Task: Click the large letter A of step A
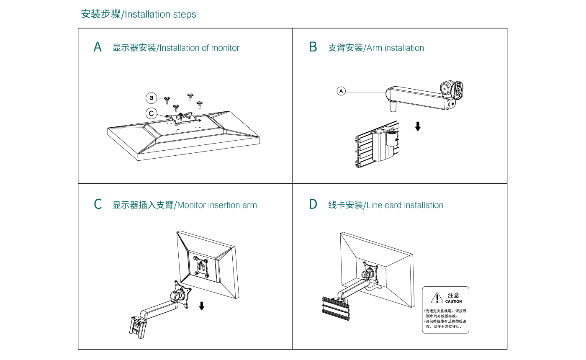click(x=98, y=47)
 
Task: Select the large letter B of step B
click(x=313, y=47)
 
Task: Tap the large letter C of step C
click(x=98, y=205)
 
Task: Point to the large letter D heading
click(x=313, y=205)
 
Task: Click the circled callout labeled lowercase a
click(x=151, y=98)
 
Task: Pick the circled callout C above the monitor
click(x=151, y=113)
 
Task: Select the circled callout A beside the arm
click(x=342, y=91)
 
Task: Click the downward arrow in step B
click(x=418, y=126)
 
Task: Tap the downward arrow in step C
click(x=202, y=306)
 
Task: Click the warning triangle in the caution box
click(x=437, y=298)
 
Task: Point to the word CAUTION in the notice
click(x=453, y=301)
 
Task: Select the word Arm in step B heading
click(x=374, y=48)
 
